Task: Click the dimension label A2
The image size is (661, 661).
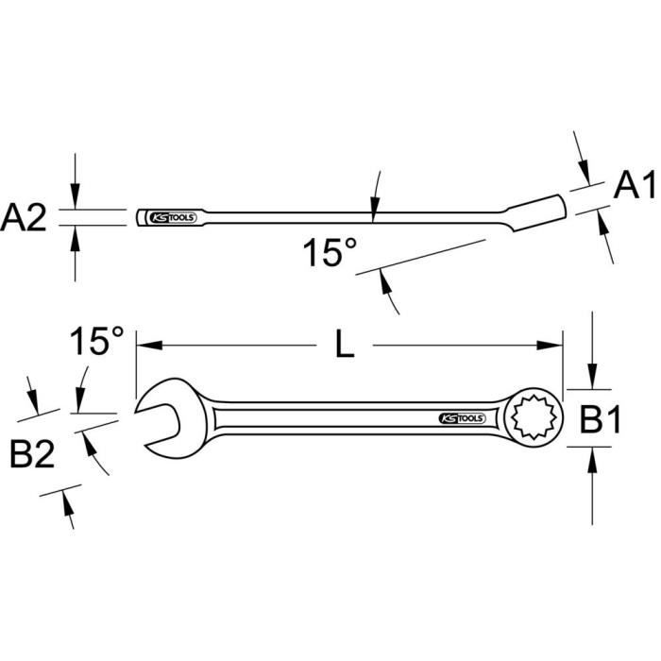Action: pos(24,218)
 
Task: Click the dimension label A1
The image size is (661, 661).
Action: pos(634,185)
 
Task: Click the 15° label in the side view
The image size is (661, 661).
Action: pos(330,253)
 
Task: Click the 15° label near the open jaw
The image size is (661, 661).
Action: pos(96,340)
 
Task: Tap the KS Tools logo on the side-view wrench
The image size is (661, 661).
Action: pos(173,217)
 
